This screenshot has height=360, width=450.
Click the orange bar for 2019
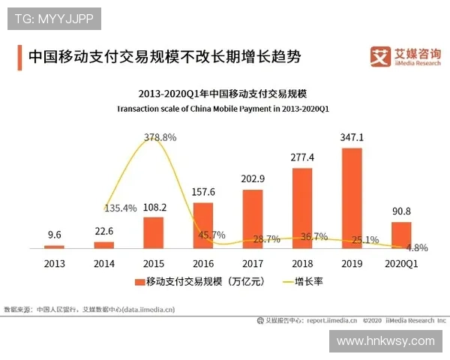pyautogui.click(x=352, y=198)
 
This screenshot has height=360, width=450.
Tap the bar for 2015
pyautogui.click(x=153, y=232)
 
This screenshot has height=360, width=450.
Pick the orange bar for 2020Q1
pyautogui.click(x=401, y=235)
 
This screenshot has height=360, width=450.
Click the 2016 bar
pyautogui.click(x=202, y=225)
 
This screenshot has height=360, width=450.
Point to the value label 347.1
pyautogui.click(x=352, y=138)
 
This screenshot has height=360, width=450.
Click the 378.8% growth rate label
pyautogui.click(x=159, y=137)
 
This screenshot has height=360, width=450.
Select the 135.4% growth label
pyautogui.click(x=120, y=208)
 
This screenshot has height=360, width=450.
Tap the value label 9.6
pyautogui.click(x=55, y=234)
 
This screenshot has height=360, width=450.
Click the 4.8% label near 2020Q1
pyautogui.click(x=416, y=247)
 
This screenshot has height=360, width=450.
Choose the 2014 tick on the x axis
pyautogui.click(x=103, y=263)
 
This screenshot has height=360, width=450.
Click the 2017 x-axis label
pyautogui.click(x=252, y=263)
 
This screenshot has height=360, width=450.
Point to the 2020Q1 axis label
pyautogui.click(x=401, y=263)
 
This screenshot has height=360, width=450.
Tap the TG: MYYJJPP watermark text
pyautogui.click(x=53, y=19)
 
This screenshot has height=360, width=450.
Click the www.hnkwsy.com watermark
pyautogui.click(x=385, y=340)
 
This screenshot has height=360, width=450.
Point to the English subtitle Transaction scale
pyautogui.click(x=223, y=109)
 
